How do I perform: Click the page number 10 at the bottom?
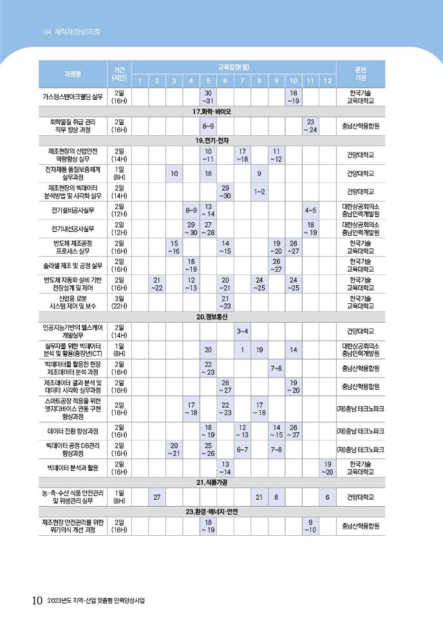(x=37, y=601)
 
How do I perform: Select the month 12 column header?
(x=327, y=81)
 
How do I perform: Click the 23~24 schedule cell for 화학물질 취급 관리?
(x=310, y=126)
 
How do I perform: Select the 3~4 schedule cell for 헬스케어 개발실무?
(x=243, y=331)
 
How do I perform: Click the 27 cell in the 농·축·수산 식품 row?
(x=157, y=497)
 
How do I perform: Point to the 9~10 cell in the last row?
(x=310, y=526)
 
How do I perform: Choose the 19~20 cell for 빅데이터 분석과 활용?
(x=327, y=468)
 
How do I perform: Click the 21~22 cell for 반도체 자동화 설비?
(x=157, y=284)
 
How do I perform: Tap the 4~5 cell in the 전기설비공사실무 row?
(x=310, y=210)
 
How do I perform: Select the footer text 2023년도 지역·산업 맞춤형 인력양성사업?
(x=97, y=602)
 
